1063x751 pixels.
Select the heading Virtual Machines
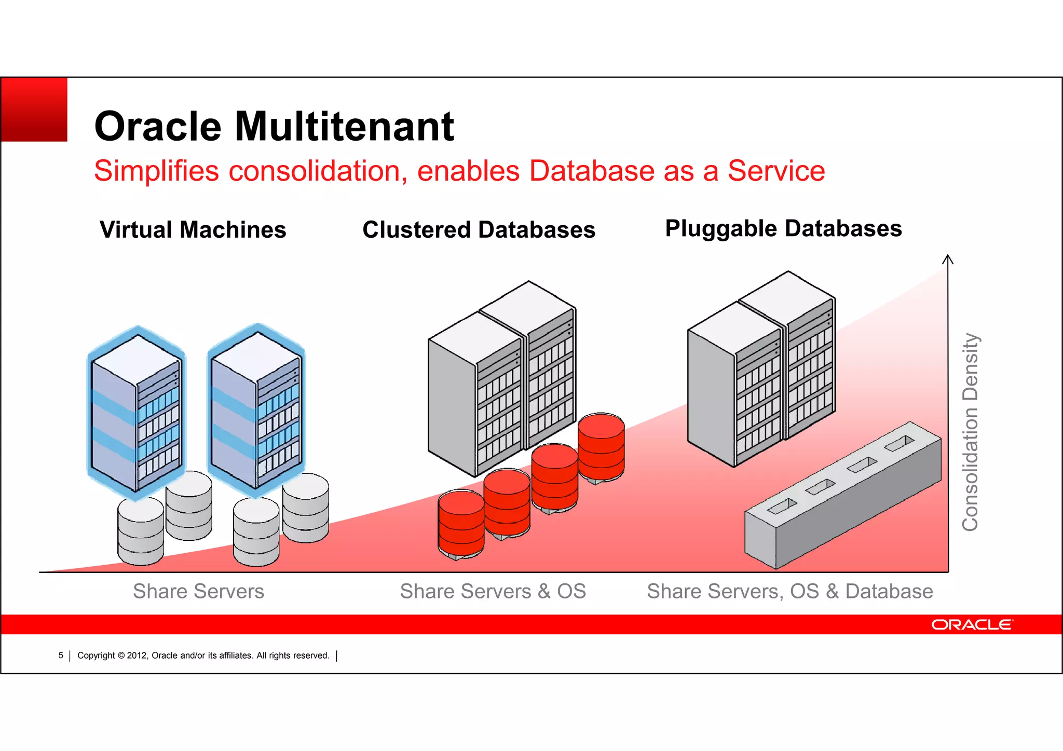(193, 229)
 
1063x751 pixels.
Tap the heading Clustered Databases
(479, 229)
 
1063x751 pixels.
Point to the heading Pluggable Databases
(783, 228)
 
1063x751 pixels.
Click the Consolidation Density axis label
(970, 432)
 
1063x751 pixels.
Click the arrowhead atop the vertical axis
(948, 258)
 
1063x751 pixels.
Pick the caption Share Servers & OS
(493, 591)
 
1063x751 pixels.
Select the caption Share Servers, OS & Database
(789, 591)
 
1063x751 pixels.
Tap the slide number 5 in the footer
(61, 656)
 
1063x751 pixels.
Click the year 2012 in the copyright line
(137, 656)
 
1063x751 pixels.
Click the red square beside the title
(34, 110)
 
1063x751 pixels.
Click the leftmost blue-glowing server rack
(136, 413)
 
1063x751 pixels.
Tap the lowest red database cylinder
(461, 524)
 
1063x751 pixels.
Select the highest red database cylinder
(601, 446)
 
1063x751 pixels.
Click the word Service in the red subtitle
(776, 171)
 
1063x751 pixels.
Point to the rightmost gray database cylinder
(306, 508)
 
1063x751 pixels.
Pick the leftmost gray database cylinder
(141, 531)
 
